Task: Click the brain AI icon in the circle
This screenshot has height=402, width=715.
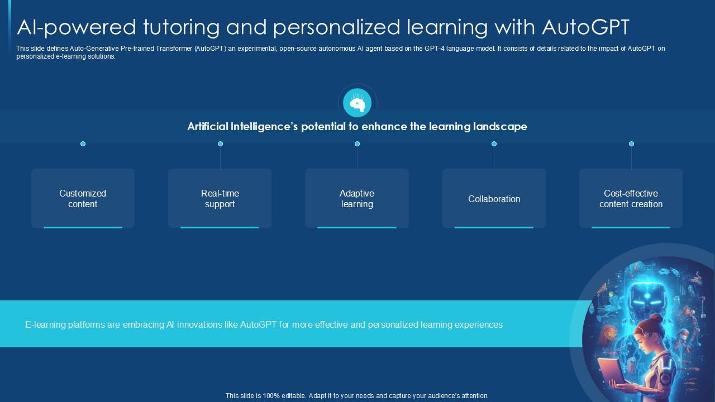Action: pyautogui.click(x=357, y=103)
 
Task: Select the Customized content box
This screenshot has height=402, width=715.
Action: pyautogui.click(x=83, y=198)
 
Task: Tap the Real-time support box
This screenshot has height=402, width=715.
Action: pyautogui.click(x=220, y=198)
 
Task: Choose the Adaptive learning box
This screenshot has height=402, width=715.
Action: pyautogui.click(x=357, y=198)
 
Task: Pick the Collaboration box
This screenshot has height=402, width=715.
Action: pyautogui.click(x=494, y=198)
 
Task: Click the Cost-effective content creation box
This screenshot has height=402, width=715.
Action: pyautogui.click(x=631, y=198)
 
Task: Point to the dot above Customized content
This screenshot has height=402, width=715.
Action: pyautogui.click(x=83, y=144)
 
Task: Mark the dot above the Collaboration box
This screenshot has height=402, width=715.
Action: pyautogui.click(x=494, y=144)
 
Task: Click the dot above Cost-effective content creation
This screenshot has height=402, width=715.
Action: pyautogui.click(x=631, y=144)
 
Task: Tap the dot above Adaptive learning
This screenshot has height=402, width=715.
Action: pyautogui.click(x=357, y=144)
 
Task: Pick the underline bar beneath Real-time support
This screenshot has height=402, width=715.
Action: pyautogui.click(x=220, y=227)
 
